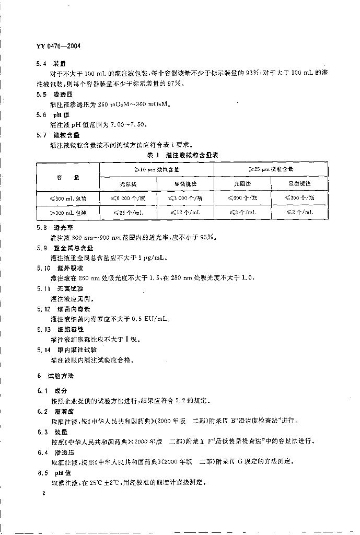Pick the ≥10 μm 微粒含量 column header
click(x=157, y=170)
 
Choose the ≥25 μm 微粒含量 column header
click(x=271, y=170)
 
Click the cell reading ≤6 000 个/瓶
click(x=128, y=199)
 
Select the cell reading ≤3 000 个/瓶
click(x=185, y=199)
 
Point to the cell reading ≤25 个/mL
click(x=128, y=213)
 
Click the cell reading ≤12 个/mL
click(x=185, y=213)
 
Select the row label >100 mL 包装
click(x=68, y=213)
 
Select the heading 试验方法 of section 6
click(x=61, y=376)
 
